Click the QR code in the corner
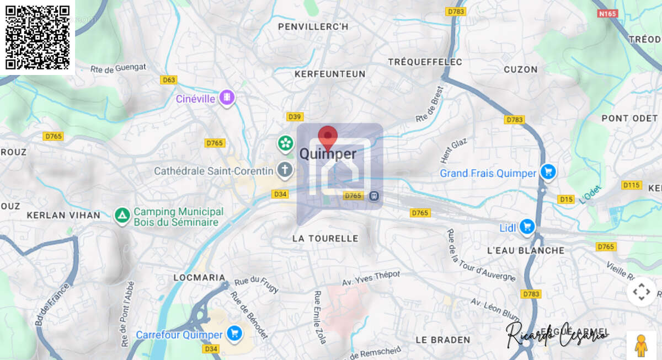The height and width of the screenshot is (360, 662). coord(38,37)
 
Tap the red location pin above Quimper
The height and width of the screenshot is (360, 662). coord(328,137)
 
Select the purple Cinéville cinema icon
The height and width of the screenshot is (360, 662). coord(227,99)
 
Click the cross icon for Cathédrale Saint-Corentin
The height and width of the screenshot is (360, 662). coord(285,170)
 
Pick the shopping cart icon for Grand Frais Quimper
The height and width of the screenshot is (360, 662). coord(547,173)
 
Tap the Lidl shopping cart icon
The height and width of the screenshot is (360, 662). coord(527,226)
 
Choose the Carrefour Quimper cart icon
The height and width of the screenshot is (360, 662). coord(234,334)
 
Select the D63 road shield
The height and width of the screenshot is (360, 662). coord(169,80)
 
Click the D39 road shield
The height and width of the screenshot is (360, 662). coord(295,117)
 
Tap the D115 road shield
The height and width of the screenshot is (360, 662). coord(631,185)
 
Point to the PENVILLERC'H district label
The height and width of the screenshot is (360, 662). coord(313,26)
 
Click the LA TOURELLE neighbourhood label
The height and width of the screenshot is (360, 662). coord(325,239)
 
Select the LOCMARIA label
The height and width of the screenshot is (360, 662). coord(199,277)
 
